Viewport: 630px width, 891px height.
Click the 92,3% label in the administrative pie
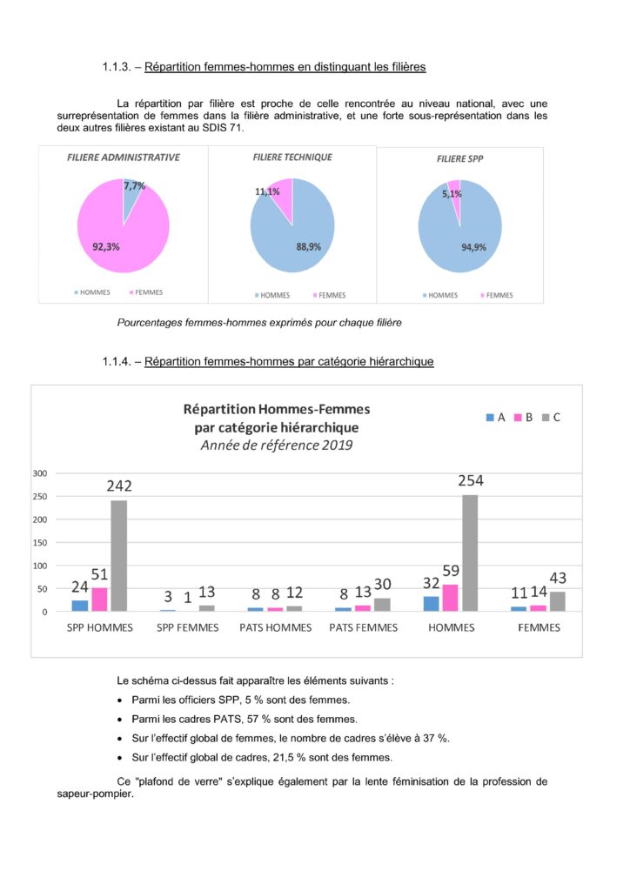click(x=105, y=246)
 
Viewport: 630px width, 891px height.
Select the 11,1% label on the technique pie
click(x=267, y=191)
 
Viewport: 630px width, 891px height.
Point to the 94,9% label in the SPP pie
click(x=473, y=247)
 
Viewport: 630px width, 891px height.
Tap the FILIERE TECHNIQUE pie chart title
click(x=292, y=157)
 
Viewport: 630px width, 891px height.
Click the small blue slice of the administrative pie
click(x=130, y=197)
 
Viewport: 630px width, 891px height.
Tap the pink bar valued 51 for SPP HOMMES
click(x=99, y=600)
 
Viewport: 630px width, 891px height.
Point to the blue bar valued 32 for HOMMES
click(x=432, y=603)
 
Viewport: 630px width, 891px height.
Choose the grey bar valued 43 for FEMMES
click(x=557, y=601)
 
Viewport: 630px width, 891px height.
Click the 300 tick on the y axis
click(x=38, y=473)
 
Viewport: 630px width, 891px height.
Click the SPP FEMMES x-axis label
click(x=190, y=627)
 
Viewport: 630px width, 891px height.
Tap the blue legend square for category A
click(x=490, y=418)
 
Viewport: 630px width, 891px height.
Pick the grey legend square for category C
click(x=546, y=418)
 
